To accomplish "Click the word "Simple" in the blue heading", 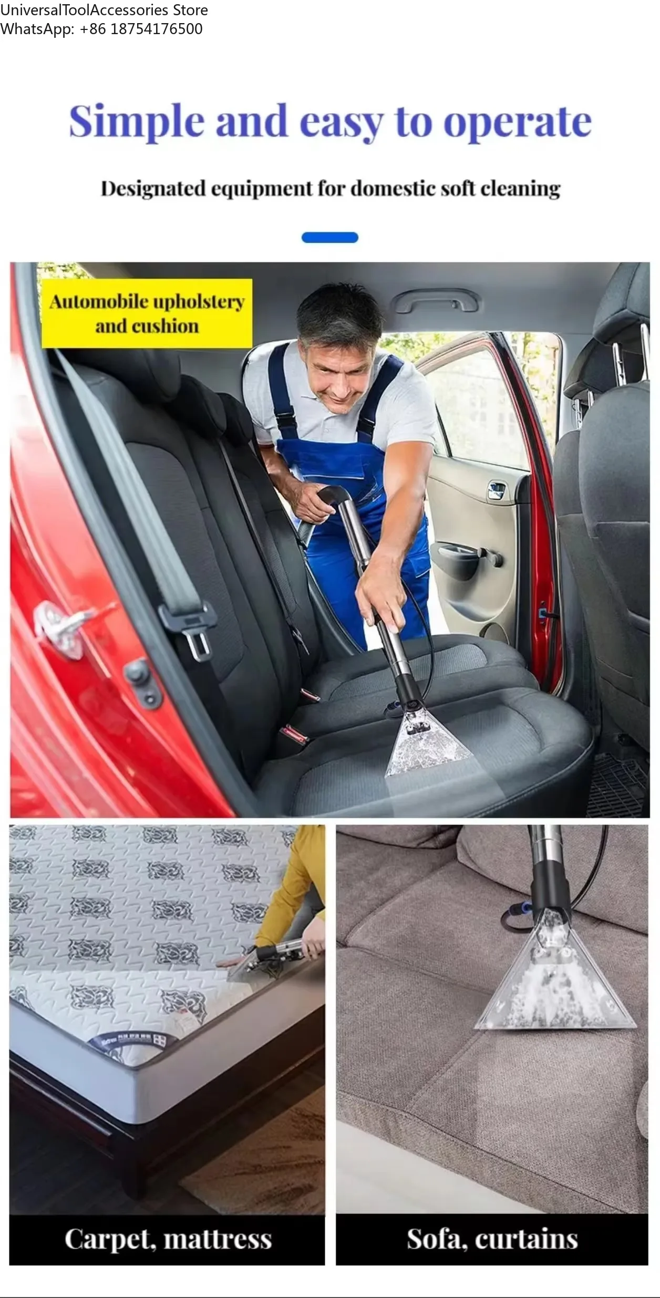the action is pos(137,122).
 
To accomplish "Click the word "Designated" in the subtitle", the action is pos(153,189).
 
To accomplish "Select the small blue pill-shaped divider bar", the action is pos(330,237).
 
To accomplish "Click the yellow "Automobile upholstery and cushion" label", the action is pos(147,313).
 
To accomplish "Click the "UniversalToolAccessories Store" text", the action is pos(104,10).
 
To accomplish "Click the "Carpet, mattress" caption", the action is pos(168,1239).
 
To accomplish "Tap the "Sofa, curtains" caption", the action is pos(492,1239).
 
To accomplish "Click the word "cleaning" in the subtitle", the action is pos(520,189).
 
